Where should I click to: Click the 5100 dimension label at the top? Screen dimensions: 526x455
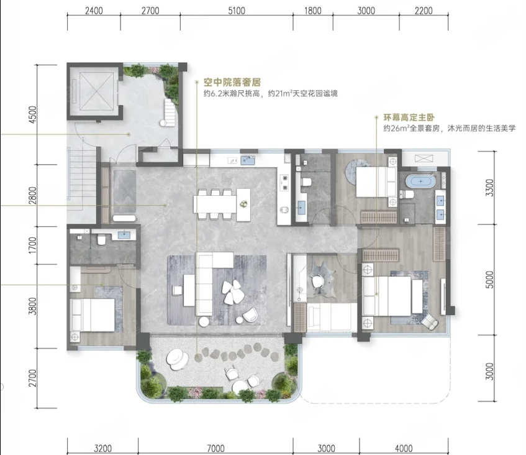pyautogui.click(x=237, y=11)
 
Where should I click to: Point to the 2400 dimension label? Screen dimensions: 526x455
pyautogui.click(x=94, y=11)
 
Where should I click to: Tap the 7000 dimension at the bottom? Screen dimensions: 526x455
pyautogui.click(x=215, y=448)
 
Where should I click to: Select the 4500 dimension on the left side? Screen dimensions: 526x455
pyautogui.click(x=33, y=114)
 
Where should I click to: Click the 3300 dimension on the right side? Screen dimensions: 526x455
pyautogui.click(x=490, y=188)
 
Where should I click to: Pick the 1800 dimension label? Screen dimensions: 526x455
pyautogui.click(x=312, y=11)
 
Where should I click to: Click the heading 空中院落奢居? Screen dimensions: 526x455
pyautogui.click(x=232, y=82)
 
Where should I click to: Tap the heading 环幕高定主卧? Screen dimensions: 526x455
pyautogui.click(x=409, y=117)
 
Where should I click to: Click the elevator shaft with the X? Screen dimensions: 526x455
pyautogui.click(x=93, y=91)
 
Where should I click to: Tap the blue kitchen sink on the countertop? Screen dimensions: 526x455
pyautogui.click(x=248, y=160)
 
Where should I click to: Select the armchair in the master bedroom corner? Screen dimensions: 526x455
pyautogui.click(x=429, y=322)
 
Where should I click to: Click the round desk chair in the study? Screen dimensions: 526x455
pyautogui.click(x=317, y=281)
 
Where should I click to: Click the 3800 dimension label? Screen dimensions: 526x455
pyautogui.click(x=33, y=306)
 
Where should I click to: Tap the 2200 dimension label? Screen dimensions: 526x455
pyautogui.click(x=424, y=11)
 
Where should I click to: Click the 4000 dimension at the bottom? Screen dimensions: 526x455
pyautogui.click(x=403, y=448)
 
